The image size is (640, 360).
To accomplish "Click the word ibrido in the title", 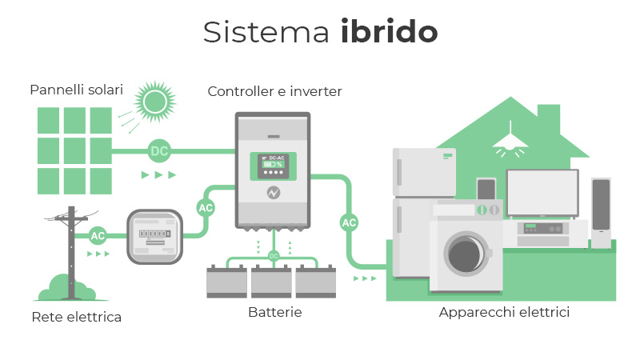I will pyautogui.click(x=389, y=32).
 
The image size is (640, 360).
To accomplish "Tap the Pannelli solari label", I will pyautogui.click(x=77, y=90).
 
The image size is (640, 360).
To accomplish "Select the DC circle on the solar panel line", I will pyautogui.click(x=159, y=150).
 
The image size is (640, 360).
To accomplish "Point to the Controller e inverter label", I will pyautogui.click(x=274, y=92).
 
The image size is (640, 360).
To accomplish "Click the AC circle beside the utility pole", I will pyautogui.click(x=98, y=235).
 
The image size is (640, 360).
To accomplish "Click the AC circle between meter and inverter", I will pyautogui.click(x=206, y=208).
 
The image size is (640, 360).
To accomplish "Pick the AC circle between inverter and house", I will pyautogui.click(x=349, y=222).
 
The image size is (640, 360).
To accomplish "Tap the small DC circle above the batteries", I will pyautogui.click(x=274, y=256).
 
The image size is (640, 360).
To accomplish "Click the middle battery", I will pyautogui.click(x=272, y=282).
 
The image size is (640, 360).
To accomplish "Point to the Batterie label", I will pyautogui.click(x=274, y=312).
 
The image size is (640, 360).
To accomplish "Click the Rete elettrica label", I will pyautogui.click(x=77, y=318).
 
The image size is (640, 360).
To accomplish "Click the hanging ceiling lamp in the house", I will pyautogui.click(x=509, y=142).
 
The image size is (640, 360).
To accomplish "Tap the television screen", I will pyautogui.click(x=542, y=192).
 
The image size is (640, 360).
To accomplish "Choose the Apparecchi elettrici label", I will pyautogui.click(x=504, y=312).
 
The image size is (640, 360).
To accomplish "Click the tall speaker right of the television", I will pyautogui.click(x=601, y=213).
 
